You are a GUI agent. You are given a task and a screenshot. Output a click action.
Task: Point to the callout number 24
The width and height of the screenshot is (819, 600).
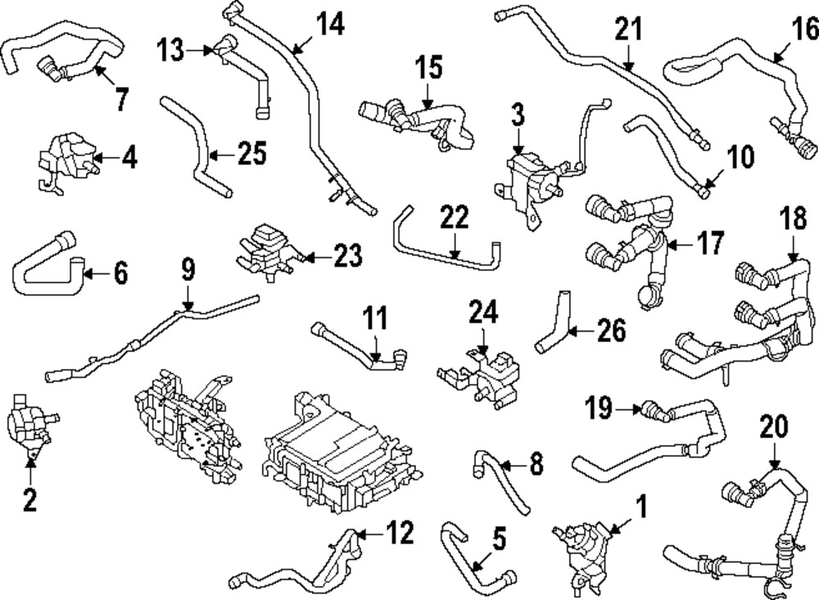482,312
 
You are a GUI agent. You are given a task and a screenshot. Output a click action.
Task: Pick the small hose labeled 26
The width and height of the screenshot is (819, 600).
554,327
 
